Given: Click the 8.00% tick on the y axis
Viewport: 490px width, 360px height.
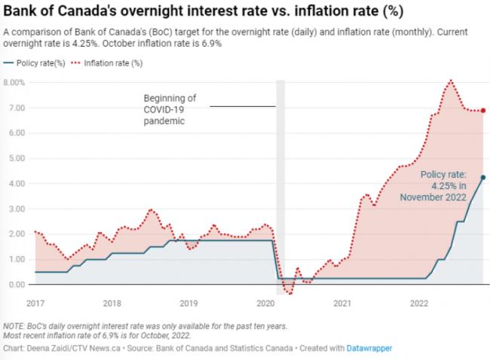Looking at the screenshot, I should tap(16, 82).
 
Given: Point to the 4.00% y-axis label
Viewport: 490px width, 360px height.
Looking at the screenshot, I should tap(16, 183).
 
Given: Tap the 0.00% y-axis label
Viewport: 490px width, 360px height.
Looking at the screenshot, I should tap(16, 284).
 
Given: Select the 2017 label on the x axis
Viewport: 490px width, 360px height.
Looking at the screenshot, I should tap(35, 304).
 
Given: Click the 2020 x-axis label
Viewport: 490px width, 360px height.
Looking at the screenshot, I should tap(265, 304).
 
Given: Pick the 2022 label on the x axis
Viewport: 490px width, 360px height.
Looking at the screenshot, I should tap(419, 304).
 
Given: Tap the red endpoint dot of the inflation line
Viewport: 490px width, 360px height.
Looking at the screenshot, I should tap(482, 111).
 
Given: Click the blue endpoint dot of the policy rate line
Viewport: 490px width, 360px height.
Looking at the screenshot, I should tap(482, 177).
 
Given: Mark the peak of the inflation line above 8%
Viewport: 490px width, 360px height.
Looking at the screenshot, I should tap(450, 80).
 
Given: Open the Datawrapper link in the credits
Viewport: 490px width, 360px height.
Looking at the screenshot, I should tap(370, 348).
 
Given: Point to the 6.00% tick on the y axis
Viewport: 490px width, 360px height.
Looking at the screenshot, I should tap(16, 133).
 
